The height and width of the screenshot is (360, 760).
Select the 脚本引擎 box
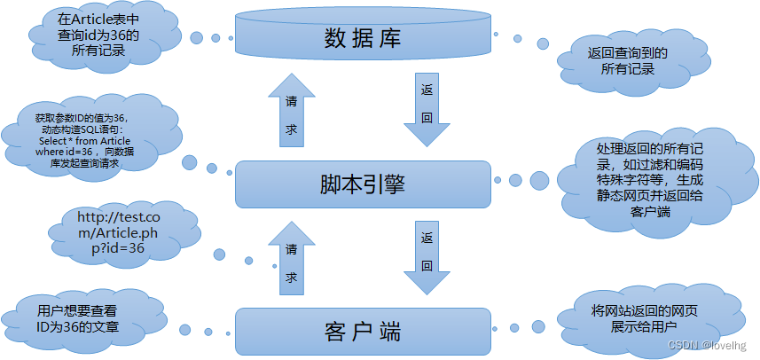pyautogui.click(x=362, y=184)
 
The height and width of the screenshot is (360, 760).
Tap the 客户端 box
pyautogui.click(x=362, y=333)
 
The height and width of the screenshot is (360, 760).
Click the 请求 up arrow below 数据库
pyautogui.click(x=291, y=110)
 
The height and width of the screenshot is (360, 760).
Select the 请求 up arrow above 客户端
pyautogui.click(x=291, y=257)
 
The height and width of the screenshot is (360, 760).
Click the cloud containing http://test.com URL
pyautogui.click(x=111, y=232)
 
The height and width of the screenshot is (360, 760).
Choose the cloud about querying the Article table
pyautogui.click(x=98, y=35)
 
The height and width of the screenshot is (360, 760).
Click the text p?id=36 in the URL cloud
pyautogui.click(x=112, y=248)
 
